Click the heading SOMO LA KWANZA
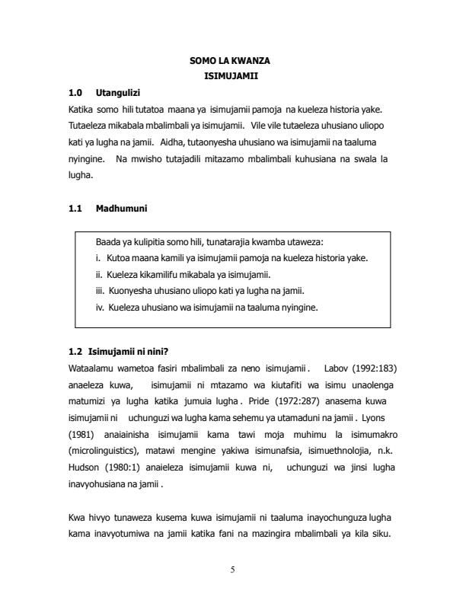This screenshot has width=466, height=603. click(x=232, y=60)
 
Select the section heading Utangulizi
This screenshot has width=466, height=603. click(x=117, y=93)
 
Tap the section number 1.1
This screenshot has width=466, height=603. click(x=75, y=207)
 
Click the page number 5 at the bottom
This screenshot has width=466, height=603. click(x=233, y=571)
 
